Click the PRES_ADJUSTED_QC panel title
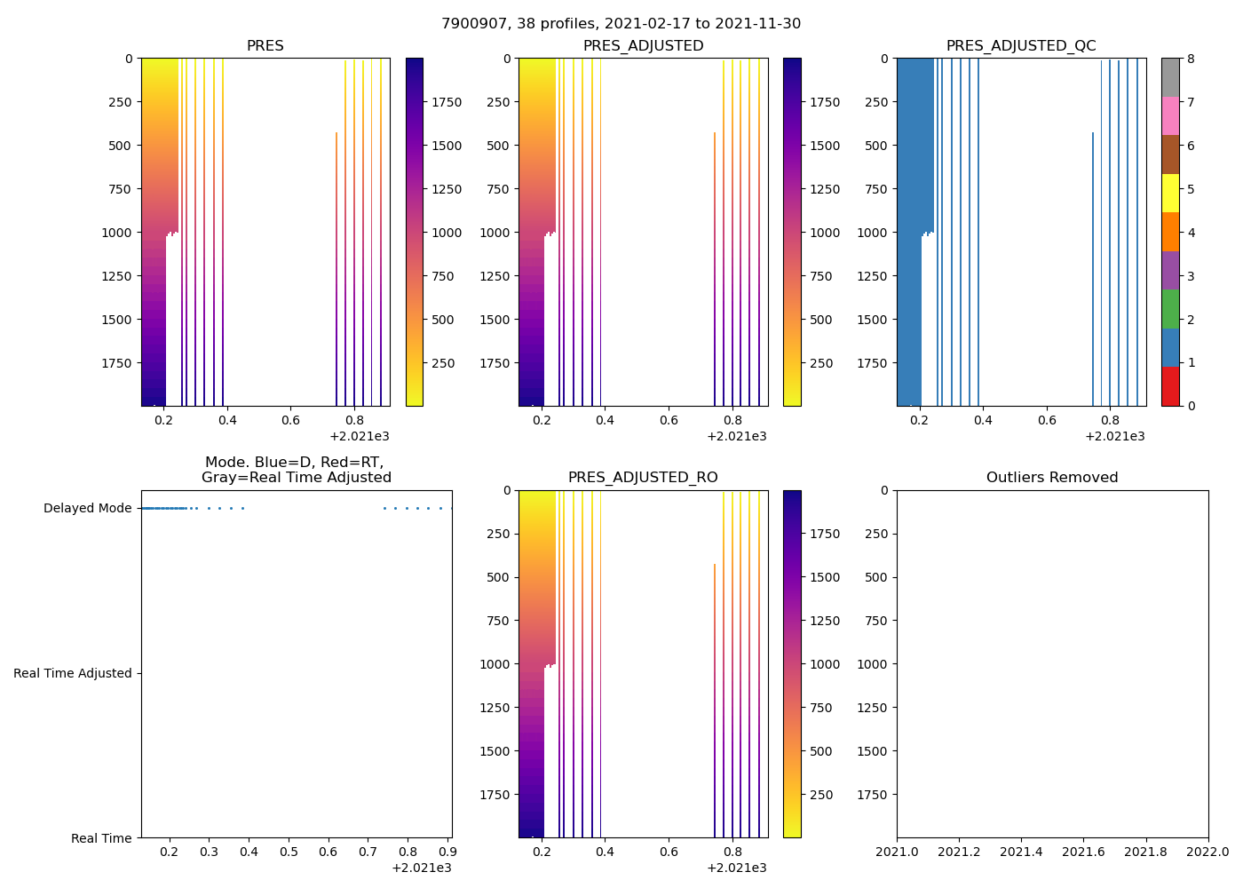tap(1021, 46)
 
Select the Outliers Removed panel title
tap(1052, 478)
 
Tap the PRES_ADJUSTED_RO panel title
tap(643, 478)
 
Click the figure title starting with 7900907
tap(621, 24)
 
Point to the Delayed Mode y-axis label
tap(87, 509)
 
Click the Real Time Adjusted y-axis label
tap(73, 674)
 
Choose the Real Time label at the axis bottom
tap(101, 838)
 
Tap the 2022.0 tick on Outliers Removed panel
tap(1208, 852)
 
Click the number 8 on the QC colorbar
tap(1192, 59)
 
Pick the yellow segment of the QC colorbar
tap(1170, 193)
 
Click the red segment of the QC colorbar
tap(1170, 386)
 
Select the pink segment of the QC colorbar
tap(1170, 115)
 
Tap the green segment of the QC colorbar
tap(1170, 309)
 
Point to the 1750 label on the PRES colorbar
tap(447, 103)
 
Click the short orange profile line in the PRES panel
tap(336, 266)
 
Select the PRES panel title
tap(265, 46)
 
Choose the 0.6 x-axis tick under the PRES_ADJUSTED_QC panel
tap(1047, 421)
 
